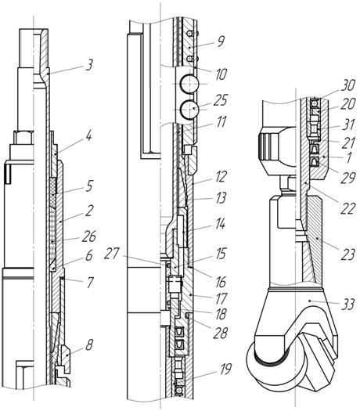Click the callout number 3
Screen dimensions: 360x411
point(89,65)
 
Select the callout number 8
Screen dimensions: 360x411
point(89,344)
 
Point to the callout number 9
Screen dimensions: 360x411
point(221,41)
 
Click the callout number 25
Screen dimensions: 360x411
point(221,100)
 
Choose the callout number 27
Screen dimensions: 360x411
point(112,254)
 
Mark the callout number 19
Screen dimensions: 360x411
point(225,369)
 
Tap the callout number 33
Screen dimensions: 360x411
point(347,305)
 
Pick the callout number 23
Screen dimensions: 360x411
point(347,254)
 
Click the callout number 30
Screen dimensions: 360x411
point(347,85)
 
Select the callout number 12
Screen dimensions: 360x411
point(220,176)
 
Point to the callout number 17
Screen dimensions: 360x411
point(221,299)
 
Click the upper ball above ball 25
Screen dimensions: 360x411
point(189,84)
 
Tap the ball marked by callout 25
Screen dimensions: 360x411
point(189,110)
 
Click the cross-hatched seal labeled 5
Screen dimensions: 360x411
point(53,186)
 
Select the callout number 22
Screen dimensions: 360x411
point(347,209)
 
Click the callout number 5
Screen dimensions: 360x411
point(89,186)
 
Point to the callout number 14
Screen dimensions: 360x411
point(220,225)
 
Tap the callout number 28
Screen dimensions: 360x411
point(220,333)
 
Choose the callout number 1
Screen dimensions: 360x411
point(348,158)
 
